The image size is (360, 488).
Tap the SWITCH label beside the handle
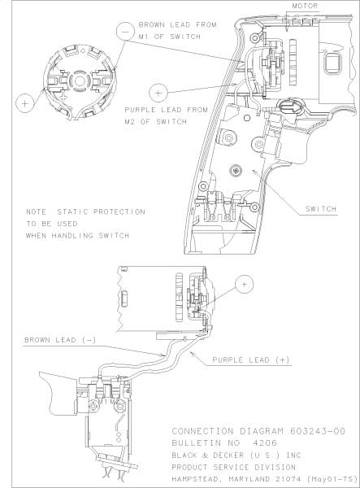pos(322,209)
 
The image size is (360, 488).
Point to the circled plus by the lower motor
pos(243,284)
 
